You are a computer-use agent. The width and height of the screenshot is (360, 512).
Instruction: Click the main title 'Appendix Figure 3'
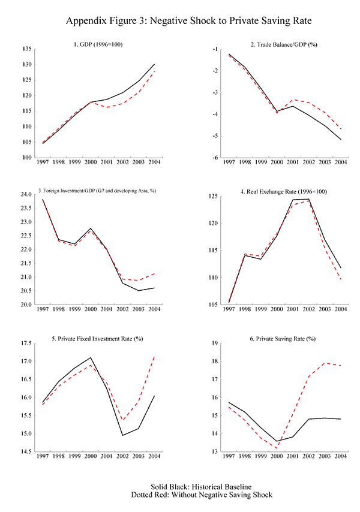[180, 22]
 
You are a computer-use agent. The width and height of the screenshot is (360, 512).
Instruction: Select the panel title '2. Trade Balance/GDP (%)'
[280, 44]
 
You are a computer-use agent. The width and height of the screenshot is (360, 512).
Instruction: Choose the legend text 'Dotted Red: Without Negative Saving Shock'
[180, 495]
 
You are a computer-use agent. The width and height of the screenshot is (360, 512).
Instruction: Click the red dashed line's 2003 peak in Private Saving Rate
[324, 363]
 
